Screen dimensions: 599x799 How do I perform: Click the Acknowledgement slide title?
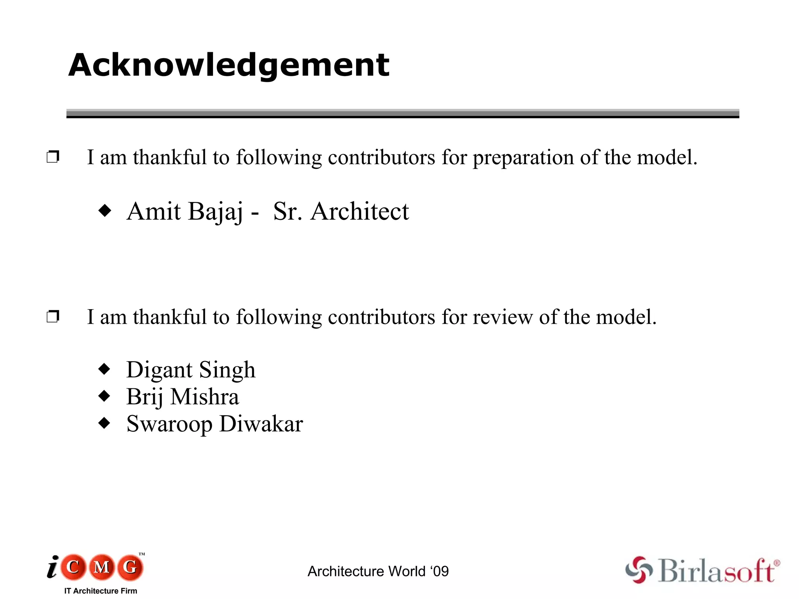(x=229, y=65)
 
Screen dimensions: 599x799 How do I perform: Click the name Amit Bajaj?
(x=185, y=211)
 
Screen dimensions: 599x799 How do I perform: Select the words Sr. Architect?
(x=341, y=211)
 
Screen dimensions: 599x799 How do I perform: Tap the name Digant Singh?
(x=191, y=370)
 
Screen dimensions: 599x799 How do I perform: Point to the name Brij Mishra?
(x=183, y=397)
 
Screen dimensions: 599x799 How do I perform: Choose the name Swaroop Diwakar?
(x=215, y=424)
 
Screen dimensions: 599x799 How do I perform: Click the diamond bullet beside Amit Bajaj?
(x=105, y=211)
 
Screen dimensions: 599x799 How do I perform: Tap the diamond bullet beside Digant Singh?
(x=105, y=369)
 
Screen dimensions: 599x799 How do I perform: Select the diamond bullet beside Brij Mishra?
(x=105, y=396)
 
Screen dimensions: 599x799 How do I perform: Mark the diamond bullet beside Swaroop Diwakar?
(x=105, y=423)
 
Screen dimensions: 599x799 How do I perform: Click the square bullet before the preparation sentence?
(x=53, y=157)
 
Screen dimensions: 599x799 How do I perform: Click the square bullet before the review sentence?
(x=53, y=316)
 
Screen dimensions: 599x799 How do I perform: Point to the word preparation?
(x=523, y=158)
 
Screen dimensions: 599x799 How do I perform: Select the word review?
(x=502, y=317)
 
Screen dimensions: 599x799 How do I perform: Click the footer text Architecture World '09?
(x=378, y=571)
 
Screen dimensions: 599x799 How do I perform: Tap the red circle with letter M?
(x=102, y=567)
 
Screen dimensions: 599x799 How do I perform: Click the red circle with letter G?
(x=130, y=567)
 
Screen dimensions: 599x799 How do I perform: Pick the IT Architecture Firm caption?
(x=101, y=591)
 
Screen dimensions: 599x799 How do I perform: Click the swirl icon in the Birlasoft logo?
(x=639, y=570)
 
